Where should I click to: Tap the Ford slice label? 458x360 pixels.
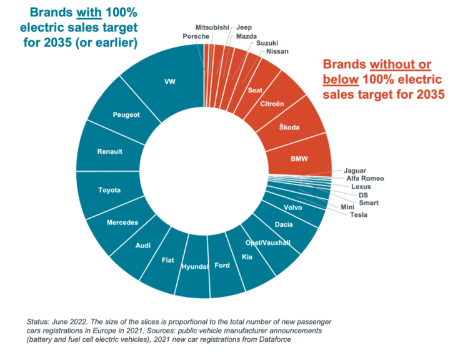click(x=222, y=266)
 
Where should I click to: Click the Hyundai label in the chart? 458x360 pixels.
click(x=195, y=267)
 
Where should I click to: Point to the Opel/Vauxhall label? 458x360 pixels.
click(x=268, y=243)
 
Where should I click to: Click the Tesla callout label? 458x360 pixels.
click(x=359, y=215)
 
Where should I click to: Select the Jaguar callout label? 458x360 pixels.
click(x=355, y=171)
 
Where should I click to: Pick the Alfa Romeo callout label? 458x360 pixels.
click(x=365, y=179)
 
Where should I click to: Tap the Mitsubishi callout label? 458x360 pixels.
click(x=212, y=27)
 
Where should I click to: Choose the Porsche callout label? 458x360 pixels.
click(x=196, y=36)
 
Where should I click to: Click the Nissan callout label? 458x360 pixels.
click(x=277, y=51)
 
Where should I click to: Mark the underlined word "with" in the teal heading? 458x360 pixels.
click(x=89, y=12)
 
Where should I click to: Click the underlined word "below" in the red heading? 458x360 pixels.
click(x=341, y=79)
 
